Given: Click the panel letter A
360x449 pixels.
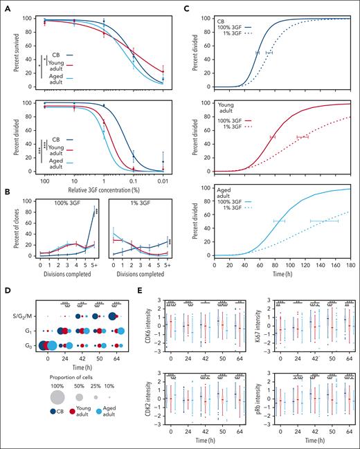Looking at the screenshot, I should click(5, 6).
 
